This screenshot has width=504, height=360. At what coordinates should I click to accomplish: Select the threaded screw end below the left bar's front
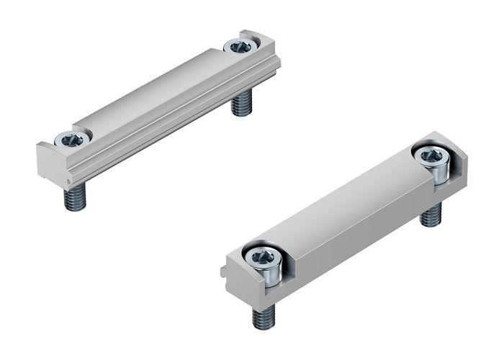coord(74,197)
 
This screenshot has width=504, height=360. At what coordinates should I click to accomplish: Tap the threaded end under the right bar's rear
coord(431,215)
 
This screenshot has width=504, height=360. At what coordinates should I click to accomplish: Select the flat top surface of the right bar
coord(346,202)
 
